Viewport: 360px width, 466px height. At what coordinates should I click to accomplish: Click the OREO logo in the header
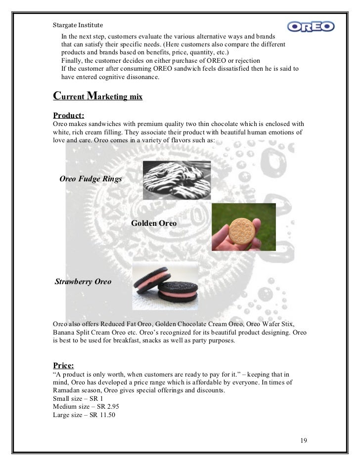pyautogui.click(x=311, y=25)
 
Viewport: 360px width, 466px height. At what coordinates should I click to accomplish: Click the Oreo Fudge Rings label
pyautogui.click(x=90, y=179)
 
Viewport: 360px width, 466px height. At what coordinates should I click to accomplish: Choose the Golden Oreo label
pyautogui.click(x=154, y=223)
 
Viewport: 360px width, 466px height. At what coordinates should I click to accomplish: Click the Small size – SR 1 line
pyautogui.click(x=74, y=398)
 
